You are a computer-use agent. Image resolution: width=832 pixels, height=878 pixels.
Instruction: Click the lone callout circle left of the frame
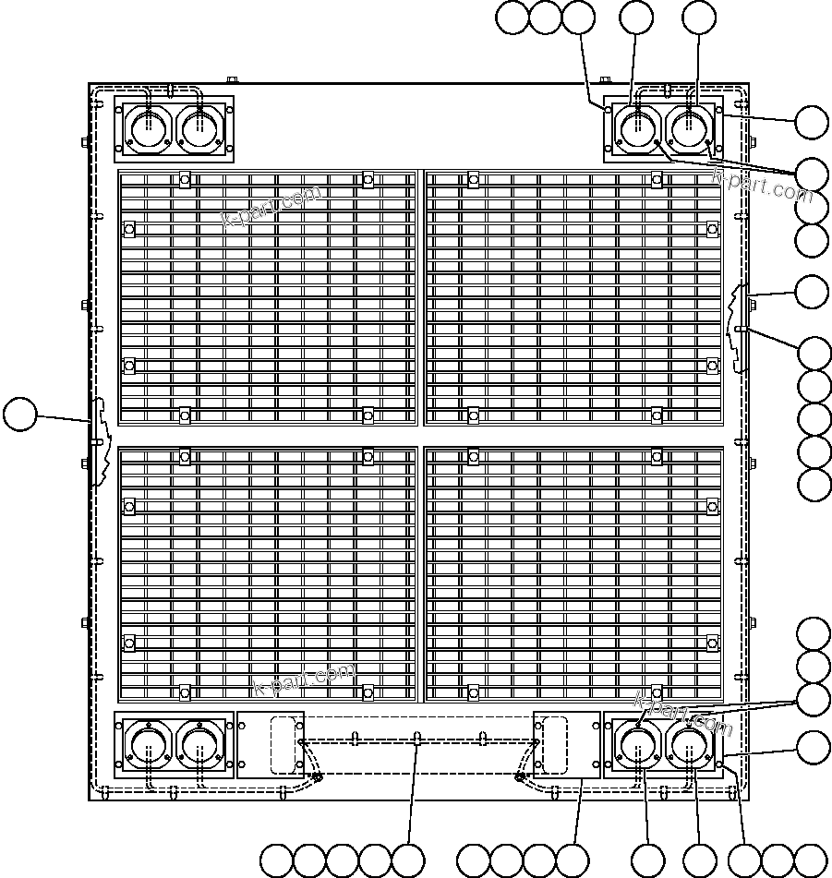click(19, 415)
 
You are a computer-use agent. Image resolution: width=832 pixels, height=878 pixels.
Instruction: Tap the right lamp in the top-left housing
click(199, 127)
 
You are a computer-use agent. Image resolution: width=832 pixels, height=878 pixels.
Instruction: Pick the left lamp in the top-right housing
click(638, 127)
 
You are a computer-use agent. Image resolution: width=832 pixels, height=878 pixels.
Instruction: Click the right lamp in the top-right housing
click(690, 127)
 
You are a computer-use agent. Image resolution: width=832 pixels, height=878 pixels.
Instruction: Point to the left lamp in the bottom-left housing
click(147, 744)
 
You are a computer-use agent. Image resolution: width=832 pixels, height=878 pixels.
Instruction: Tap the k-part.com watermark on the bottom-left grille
click(304, 680)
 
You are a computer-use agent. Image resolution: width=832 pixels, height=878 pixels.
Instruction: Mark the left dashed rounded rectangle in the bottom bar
click(285, 744)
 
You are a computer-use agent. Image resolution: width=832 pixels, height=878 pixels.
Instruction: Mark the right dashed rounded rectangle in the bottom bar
click(551, 744)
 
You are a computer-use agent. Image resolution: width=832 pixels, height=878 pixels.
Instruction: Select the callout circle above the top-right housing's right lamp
click(698, 18)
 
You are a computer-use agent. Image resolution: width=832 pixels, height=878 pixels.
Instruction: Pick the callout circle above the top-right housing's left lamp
click(636, 18)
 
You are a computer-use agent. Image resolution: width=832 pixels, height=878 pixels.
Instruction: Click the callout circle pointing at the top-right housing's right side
click(813, 122)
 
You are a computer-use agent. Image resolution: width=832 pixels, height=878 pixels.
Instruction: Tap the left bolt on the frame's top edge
click(233, 81)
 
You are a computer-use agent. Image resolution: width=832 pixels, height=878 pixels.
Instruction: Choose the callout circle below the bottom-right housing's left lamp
click(647, 860)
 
